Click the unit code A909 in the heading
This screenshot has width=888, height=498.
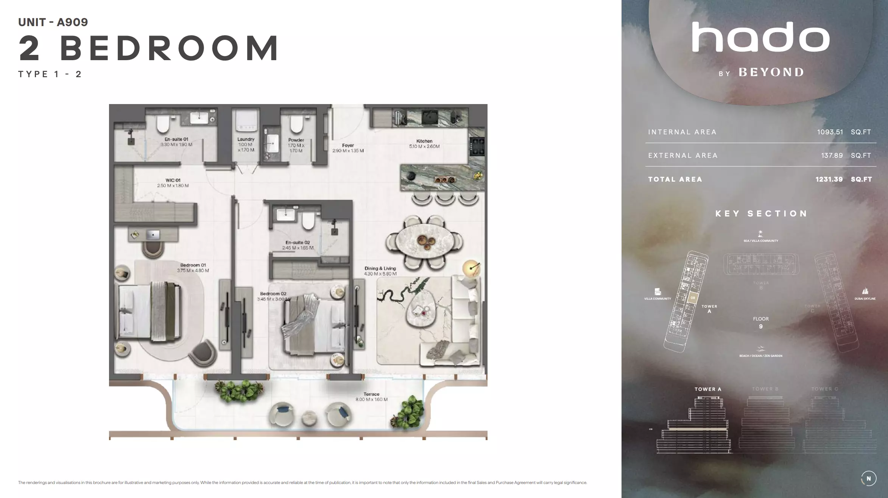coord(72,22)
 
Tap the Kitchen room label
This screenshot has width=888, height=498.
coord(424,141)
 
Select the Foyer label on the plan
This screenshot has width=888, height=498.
coord(348,145)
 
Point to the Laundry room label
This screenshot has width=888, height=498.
coord(246,139)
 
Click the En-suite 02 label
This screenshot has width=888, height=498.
coord(298,243)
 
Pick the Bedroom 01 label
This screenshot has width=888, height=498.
coord(193,265)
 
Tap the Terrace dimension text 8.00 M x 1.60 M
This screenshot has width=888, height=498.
coord(371,399)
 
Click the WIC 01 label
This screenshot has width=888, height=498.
coord(173,180)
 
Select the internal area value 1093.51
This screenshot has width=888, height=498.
coord(830,132)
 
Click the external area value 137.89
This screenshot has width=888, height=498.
coord(832,156)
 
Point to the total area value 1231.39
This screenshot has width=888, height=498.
coord(829,179)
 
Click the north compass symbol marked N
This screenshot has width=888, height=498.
coord(868,478)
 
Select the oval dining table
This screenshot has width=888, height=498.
coord(424,240)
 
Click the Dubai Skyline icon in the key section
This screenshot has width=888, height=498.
coord(865,291)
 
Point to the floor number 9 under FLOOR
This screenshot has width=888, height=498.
coord(761,327)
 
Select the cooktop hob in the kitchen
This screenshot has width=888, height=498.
coord(477,146)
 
